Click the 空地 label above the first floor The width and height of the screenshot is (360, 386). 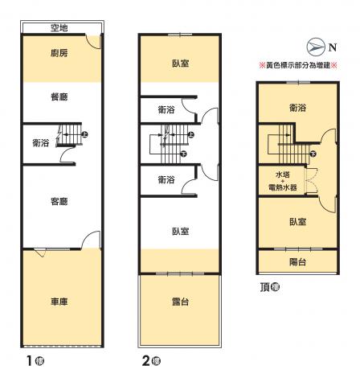59,27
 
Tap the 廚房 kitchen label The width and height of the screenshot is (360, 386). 59,53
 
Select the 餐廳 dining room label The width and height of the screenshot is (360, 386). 59,96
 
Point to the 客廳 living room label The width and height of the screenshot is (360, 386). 59,201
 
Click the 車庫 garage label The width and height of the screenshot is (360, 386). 59,302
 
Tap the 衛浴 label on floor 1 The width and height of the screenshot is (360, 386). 41,143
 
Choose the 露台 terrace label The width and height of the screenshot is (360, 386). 180,302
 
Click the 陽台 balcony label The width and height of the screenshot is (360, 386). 297,262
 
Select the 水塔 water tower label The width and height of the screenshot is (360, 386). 283,175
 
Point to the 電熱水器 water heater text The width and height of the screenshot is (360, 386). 283,187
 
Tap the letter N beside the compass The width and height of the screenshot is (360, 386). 333,47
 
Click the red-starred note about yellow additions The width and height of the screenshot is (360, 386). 298,65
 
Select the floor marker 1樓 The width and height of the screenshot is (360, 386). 35,361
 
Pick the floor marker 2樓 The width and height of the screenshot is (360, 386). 151,361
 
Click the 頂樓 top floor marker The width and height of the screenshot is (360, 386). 270,287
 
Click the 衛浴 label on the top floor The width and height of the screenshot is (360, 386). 297,108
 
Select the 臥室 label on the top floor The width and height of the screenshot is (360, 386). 297,222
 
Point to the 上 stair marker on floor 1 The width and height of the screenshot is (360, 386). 85,134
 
